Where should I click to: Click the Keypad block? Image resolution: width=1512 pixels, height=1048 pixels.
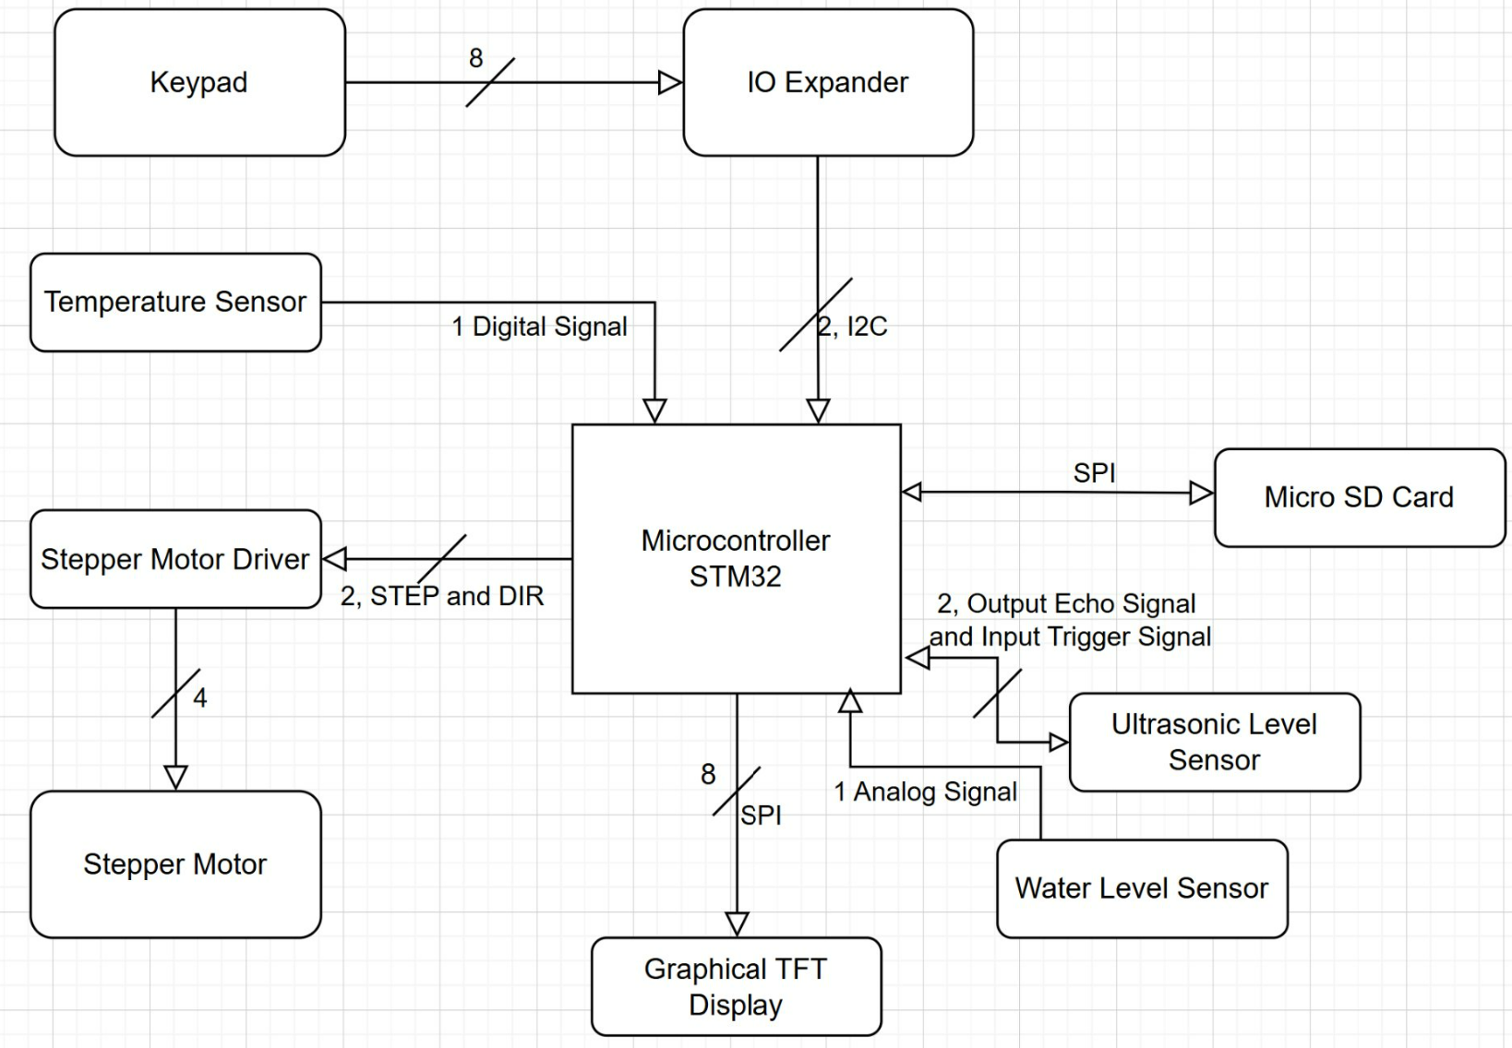tap(199, 83)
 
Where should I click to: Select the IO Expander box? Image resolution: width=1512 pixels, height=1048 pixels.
tap(828, 83)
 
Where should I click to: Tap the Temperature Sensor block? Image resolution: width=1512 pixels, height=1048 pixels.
tap(175, 303)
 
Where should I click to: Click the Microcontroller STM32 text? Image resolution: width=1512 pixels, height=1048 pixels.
tap(736, 558)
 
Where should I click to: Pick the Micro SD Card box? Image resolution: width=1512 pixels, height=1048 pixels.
tap(1359, 497)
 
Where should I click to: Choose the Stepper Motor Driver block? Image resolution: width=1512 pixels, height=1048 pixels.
tap(175, 559)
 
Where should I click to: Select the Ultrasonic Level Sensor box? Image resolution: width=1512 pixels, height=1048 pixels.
tap(1214, 742)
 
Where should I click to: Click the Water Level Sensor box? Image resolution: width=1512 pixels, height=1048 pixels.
tap(1142, 888)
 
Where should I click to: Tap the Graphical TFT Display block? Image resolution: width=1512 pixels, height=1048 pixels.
tap(736, 986)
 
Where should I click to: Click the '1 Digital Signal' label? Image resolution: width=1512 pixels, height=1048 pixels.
tap(539, 327)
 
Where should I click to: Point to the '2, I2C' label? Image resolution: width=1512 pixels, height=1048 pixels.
tap(853, 327)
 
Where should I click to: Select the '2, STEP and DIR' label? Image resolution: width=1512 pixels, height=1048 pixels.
tap(442, 596)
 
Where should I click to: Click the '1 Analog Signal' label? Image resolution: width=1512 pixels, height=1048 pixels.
tap(925, 792)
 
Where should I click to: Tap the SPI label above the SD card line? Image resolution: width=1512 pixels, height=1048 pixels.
tap(1094, 473)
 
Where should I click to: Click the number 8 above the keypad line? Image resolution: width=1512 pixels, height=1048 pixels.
tap(475, 58)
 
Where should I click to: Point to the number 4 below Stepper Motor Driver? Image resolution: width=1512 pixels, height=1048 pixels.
tap(200, 697)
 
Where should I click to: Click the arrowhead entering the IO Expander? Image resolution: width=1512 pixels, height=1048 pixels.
tap(670, 83)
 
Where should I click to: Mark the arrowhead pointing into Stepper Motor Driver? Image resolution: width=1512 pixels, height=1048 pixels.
tap(334, 559)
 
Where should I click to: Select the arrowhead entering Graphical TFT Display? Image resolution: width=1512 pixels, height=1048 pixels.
tap(737, 923)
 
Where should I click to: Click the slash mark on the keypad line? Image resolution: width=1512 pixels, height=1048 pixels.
tap(489, 83)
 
